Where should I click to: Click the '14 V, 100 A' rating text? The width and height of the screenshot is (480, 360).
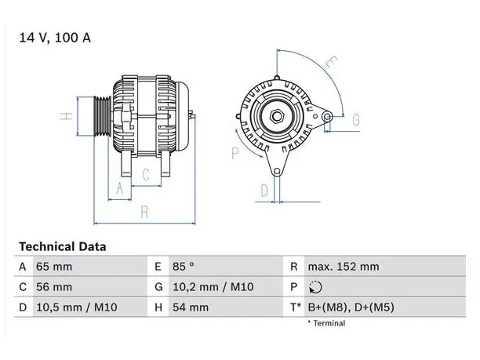coord(55,38)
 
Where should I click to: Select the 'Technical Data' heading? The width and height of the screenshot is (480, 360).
coord(63,246)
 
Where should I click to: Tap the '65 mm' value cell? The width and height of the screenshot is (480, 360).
coord(54,267)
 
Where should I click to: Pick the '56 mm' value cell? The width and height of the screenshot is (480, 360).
coord(54,287)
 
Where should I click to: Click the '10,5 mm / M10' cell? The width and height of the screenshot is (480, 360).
coord(77,307)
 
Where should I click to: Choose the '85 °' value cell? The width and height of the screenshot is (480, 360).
coord(184,267)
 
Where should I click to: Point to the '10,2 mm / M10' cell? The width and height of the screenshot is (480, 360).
coord(213,287)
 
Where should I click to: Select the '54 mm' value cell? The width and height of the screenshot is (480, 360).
coord(191,307)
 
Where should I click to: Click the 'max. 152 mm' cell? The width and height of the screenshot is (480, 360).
coord(344,267)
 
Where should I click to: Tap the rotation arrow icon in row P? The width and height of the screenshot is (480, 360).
coord(315,287)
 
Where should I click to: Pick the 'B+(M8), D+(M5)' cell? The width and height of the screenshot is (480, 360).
coord(351,307)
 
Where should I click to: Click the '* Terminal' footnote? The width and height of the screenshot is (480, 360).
coord(326,323)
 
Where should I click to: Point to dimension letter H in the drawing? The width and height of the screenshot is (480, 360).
coord(66,116)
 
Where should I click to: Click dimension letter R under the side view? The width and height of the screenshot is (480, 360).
coord(144,212)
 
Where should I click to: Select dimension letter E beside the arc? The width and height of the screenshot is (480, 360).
coord(332,62)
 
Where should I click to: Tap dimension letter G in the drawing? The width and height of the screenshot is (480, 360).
coord(356,120)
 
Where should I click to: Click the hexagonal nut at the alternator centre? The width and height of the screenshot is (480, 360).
coord(277,116)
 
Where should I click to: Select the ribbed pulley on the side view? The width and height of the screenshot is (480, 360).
coord(102,116)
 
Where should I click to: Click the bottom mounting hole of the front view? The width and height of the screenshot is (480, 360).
coord(277,172)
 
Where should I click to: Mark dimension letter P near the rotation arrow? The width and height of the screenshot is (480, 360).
coord(235,154)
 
